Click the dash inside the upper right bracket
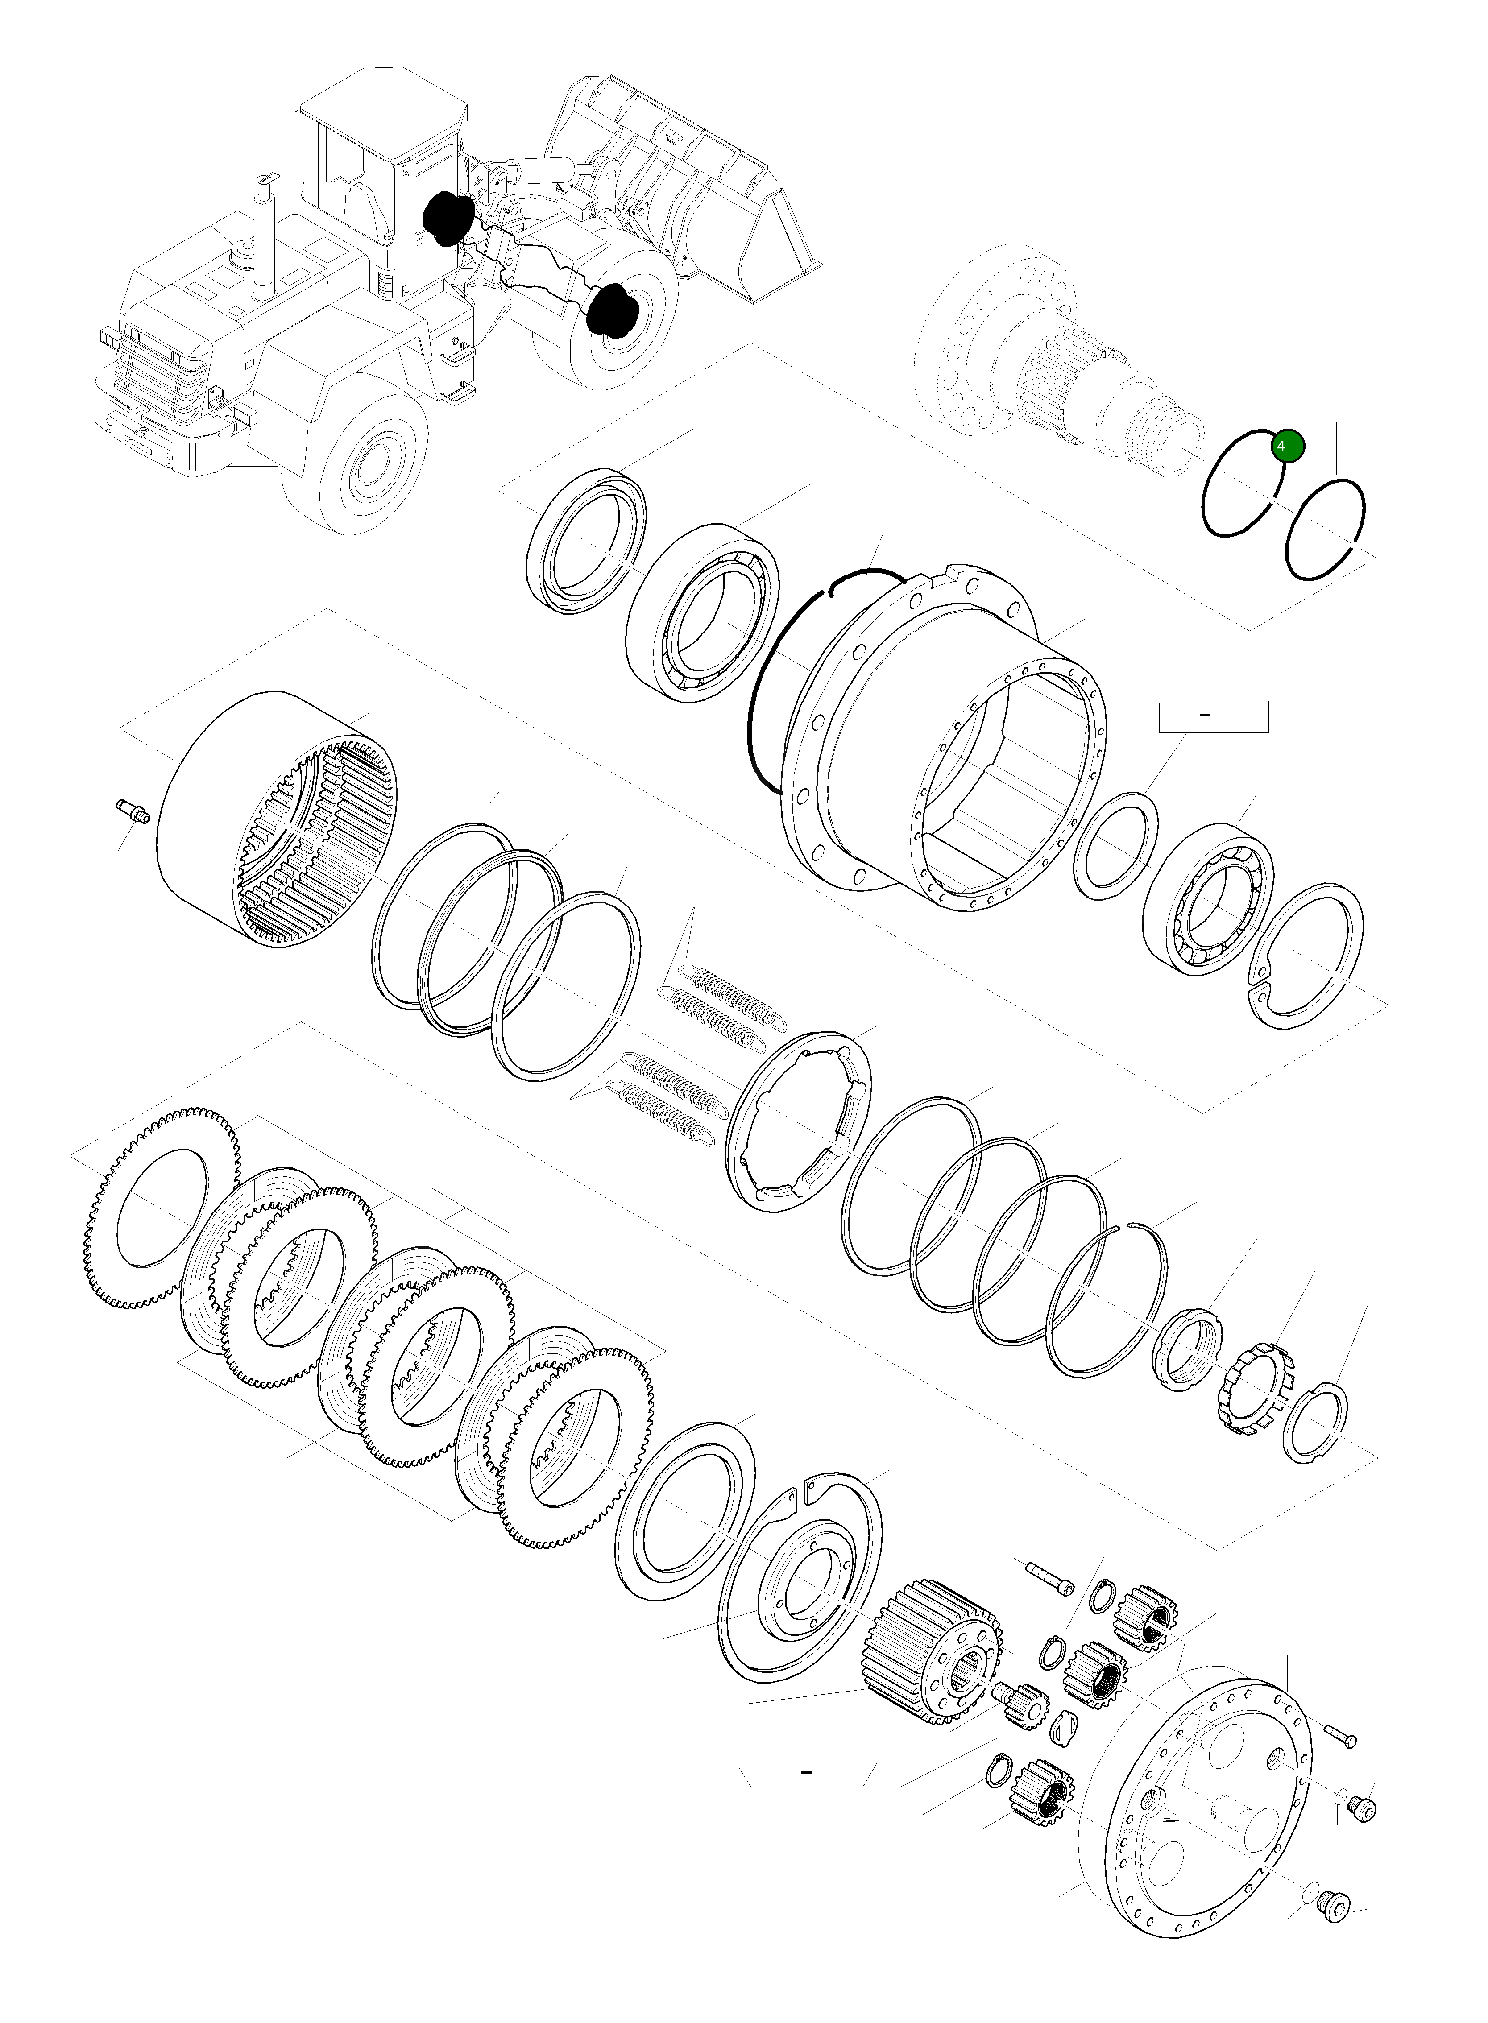click(x=1205, y=714)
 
